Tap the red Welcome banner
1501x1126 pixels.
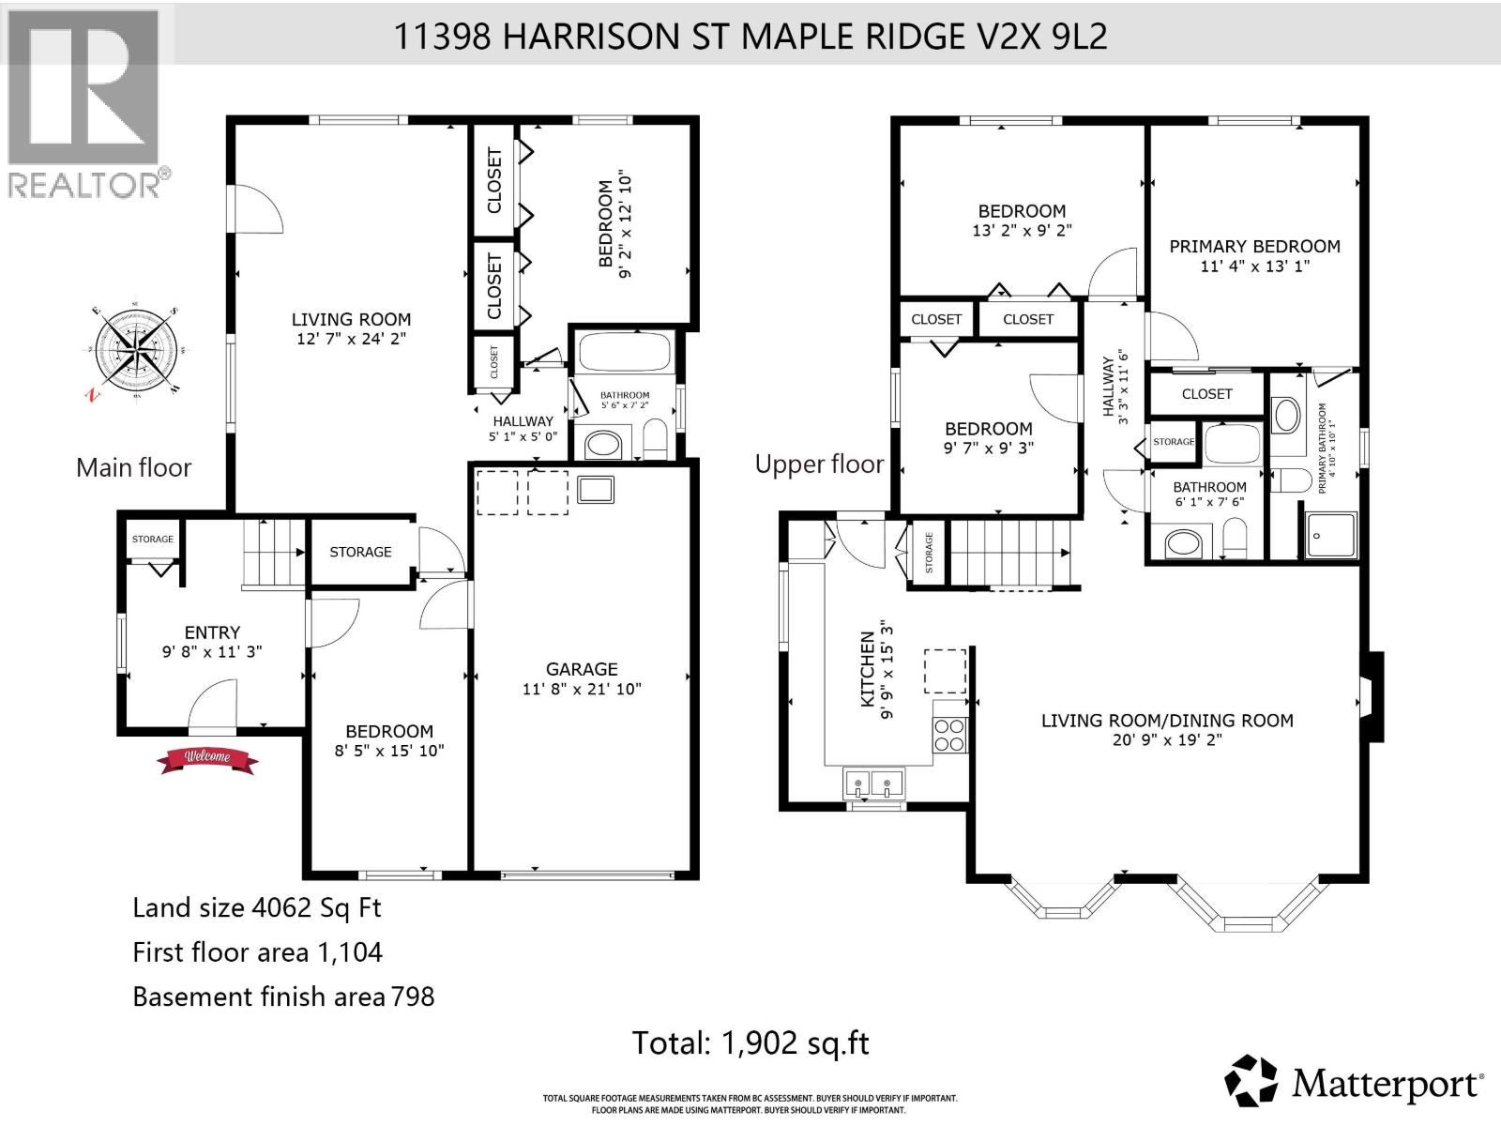point(208,758)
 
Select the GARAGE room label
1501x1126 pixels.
point(582,669)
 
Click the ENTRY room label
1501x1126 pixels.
point(212,632)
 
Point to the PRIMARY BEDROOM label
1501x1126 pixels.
point(1254,247)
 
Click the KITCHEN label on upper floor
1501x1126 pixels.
point(867,669)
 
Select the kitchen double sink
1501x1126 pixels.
point(873,783)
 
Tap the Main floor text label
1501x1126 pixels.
point(133,467)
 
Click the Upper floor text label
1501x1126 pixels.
point(819,464)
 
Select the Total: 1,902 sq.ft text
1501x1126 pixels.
point(750,1042)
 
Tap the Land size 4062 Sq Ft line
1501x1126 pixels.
point(256,907)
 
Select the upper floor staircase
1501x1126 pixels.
point(1010,553)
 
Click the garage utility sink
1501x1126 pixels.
point(596,490)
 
